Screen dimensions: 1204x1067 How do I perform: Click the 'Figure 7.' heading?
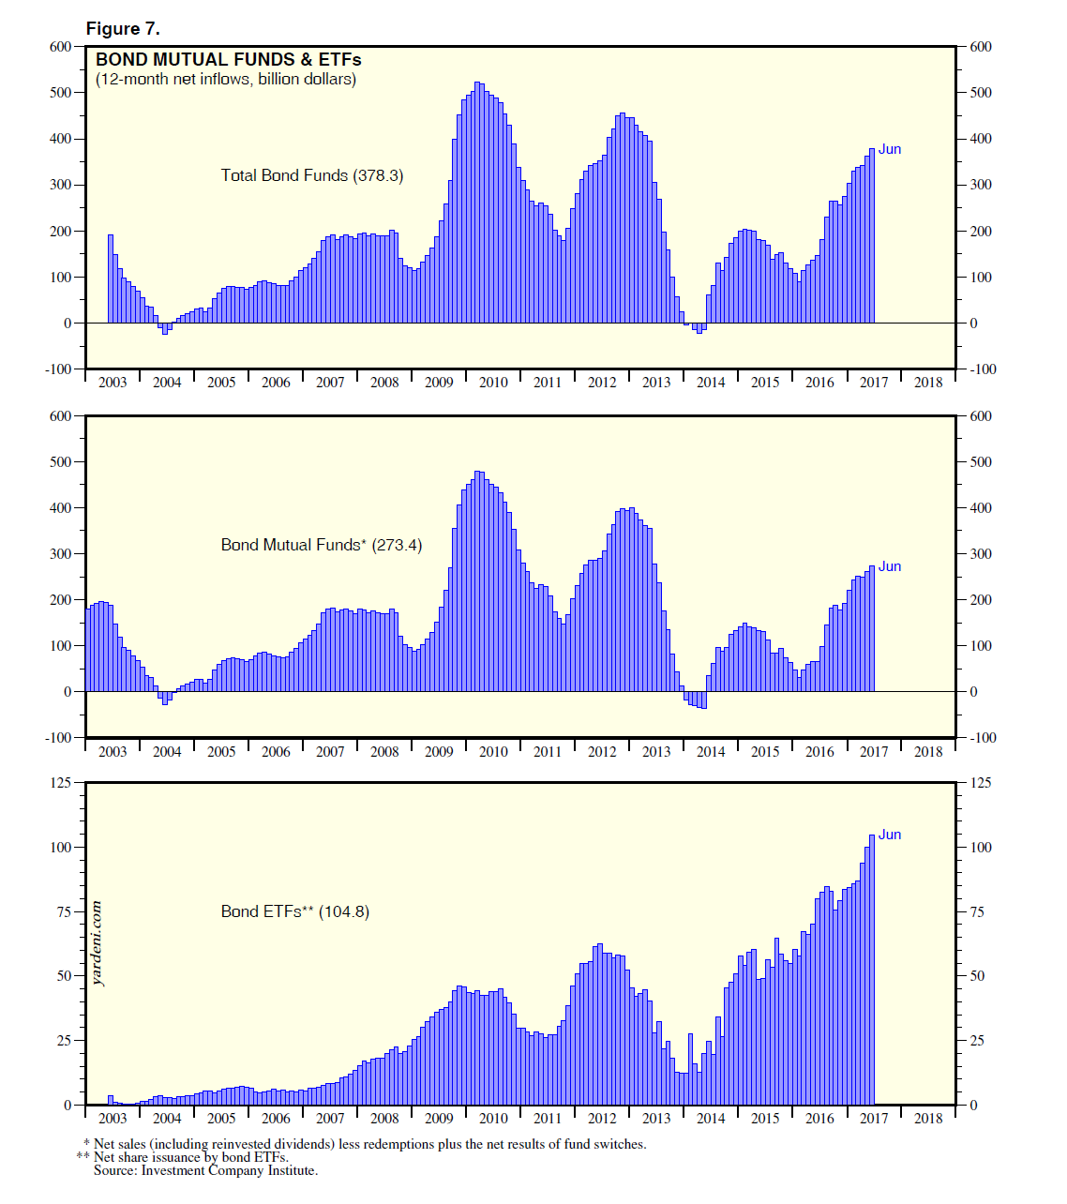tap(123, 28)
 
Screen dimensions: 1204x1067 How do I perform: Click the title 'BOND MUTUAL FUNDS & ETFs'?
tap(228, 60)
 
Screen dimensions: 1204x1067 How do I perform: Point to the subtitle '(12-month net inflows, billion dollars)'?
tap(226, 80)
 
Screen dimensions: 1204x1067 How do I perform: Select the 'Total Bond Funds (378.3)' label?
tap(311, 175)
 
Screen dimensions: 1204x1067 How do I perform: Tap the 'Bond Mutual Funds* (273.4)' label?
tap(321, 545)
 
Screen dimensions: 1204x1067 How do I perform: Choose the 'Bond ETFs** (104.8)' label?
tap(294, 911)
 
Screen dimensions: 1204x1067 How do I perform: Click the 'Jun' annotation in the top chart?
tap(889, 149)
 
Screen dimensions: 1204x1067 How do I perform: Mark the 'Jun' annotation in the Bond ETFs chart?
tap(889, 835)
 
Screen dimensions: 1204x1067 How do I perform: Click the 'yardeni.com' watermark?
tap(98, 943)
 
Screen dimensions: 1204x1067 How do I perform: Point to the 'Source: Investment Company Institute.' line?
tap(205, 1170)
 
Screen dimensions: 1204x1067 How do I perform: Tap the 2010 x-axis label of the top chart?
tap(493, 383)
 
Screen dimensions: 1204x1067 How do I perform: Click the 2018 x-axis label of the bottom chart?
tap(928, 1118)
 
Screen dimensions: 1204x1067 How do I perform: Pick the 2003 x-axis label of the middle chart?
tap(113, 751)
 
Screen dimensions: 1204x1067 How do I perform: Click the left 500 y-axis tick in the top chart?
tap(60, 93)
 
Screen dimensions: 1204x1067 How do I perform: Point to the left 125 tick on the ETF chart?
tap(60, 782)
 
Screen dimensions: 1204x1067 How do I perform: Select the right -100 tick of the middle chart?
tap(984, 738)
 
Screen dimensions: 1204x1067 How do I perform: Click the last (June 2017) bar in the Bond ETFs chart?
tap(872, 970)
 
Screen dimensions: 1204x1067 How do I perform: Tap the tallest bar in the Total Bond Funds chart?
tap(477, 203)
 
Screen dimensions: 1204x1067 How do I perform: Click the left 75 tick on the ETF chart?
tap(64, 911)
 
